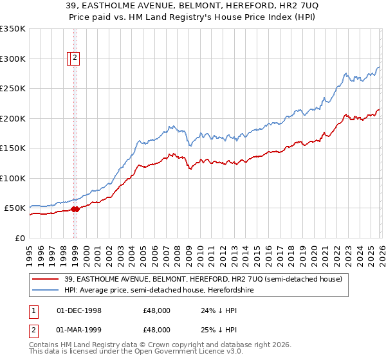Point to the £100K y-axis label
tap(13, 178)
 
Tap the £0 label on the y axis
tap(19, 238)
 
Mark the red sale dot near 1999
tap(75, 209)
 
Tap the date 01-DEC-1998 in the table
tap(79, 310)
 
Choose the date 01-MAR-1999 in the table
tap(79, 330)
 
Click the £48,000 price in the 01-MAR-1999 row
tap(156, 330)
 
